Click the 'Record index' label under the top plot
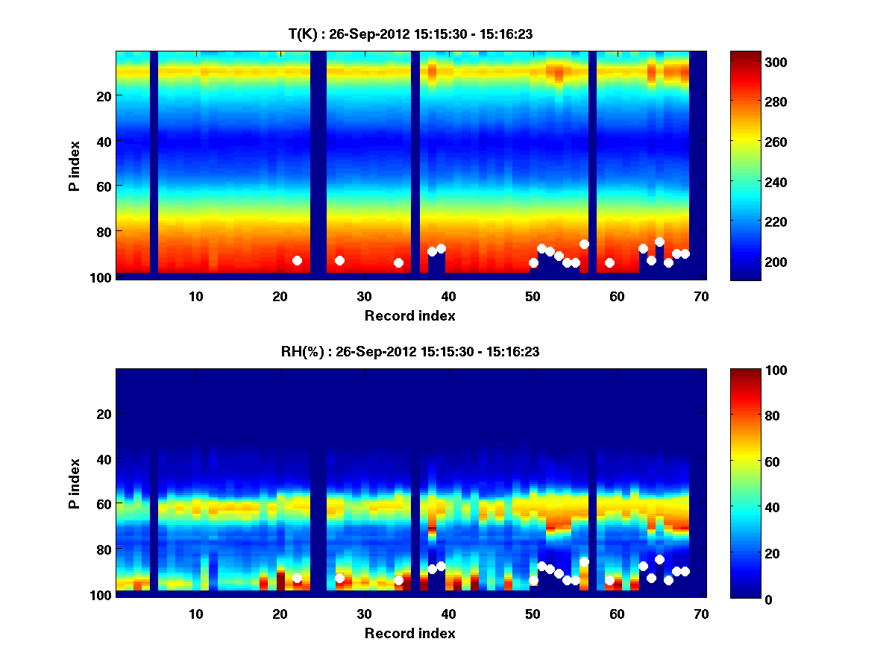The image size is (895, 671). tap(409, 315)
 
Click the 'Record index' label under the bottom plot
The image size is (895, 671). tap(409, 633)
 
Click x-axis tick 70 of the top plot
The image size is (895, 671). tap(701, 296)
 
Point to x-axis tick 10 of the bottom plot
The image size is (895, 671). tap(195, 614)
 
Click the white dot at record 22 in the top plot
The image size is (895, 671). tap(297, 260)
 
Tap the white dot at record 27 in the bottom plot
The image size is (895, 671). tap(339, 578)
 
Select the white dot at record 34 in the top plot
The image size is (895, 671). tap(398, 262)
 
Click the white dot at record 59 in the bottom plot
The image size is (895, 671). tap(609, 580)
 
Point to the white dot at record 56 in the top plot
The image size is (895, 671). tap(584, 244)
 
